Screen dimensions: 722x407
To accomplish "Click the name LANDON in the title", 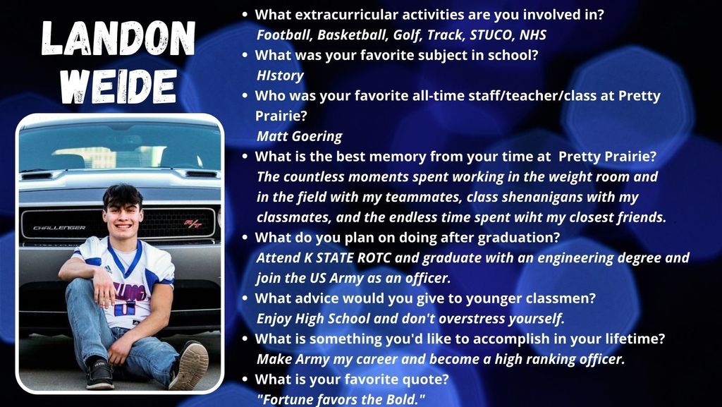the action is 118,39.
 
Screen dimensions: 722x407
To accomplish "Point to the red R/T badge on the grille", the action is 193,224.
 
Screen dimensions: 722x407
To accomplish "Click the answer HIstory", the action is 280,75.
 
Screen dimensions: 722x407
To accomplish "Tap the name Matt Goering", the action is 299,136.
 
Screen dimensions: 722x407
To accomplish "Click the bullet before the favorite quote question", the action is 245,379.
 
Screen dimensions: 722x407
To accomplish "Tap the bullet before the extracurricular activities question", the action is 245,15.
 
